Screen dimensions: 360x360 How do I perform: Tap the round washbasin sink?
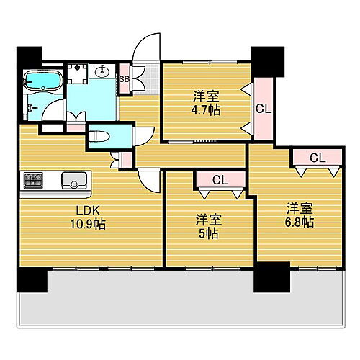102,71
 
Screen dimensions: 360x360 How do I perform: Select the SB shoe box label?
123,79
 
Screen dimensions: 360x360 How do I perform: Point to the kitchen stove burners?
34,179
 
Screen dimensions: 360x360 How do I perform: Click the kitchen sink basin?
73,179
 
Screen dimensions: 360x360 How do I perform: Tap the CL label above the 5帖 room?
220,180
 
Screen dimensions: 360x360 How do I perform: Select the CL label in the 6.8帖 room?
316,158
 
